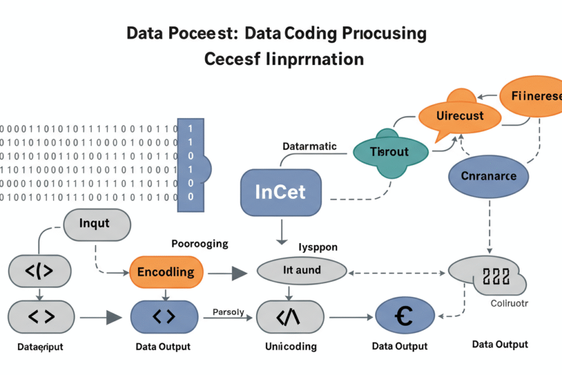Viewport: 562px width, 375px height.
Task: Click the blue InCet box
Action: pyautogui.click(x=281, y=192)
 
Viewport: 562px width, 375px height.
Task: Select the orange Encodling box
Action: pyautogui.click(x=165, y=271)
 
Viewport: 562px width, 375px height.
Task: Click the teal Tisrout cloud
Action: pyautogui.click(x=390, y=152)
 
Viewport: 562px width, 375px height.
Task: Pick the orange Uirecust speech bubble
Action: pyautogui.click(x=460, y=116)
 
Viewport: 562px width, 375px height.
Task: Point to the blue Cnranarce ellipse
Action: pyautogui.click(x=488, y=176)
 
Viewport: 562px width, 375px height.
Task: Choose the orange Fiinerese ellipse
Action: pyautogui.click(x=535, y=96)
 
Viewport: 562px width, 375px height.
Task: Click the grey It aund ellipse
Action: pyautogui.click(x=302, y=271)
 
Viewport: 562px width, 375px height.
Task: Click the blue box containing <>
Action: pyautogui.click(x=165, y=317)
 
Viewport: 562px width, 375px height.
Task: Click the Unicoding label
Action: pyautogui.click(x=290, y=346)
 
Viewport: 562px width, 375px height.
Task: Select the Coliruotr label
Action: pyautogui.click(x=508, y=303)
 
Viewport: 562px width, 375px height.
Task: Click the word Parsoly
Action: pyautogui.click(x=228, y=311)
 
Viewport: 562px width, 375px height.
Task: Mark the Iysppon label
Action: pyautogui.click(x=318, y=247)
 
